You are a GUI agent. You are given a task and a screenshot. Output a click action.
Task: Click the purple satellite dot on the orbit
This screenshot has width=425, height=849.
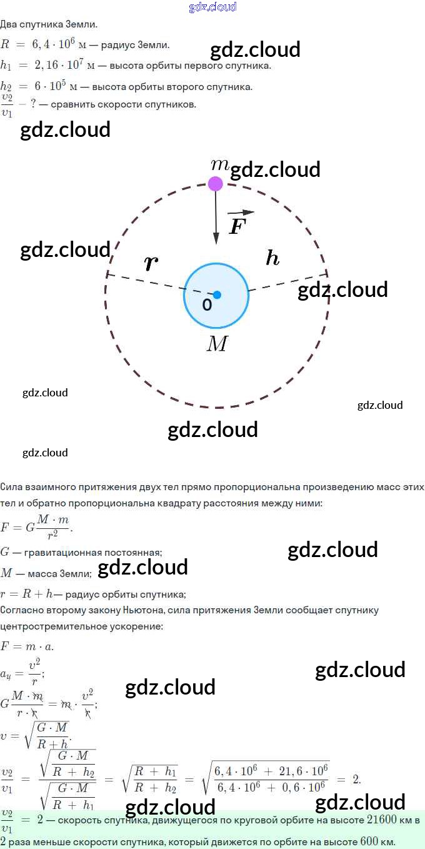click(216, 184)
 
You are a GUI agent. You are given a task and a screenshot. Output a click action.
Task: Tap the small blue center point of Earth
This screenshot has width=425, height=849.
click(217, 294)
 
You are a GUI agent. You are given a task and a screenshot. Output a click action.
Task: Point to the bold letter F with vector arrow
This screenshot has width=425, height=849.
click(239, 223)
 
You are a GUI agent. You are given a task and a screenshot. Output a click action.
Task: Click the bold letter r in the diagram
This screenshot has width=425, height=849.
click(151, 263)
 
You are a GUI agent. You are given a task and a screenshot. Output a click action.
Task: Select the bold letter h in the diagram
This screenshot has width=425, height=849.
click(272, 258)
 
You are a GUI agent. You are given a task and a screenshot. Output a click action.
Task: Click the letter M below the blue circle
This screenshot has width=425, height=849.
click(217, 344)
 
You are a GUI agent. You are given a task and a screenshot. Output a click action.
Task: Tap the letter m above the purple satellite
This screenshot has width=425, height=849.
click(220, 164)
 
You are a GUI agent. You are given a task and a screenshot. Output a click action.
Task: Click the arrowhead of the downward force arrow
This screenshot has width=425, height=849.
click(216, 238)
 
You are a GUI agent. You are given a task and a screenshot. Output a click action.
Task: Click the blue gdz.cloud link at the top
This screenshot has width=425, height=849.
click(212, 7)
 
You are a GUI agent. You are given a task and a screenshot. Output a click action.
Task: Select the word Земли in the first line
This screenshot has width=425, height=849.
click(81, 24)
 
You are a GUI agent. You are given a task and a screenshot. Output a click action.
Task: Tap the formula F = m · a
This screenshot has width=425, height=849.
click(27, 646)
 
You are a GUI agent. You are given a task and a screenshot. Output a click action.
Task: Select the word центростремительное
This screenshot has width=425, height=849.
click(53, 626)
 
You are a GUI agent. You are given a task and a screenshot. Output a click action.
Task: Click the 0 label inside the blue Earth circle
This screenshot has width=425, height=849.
click(207, 304)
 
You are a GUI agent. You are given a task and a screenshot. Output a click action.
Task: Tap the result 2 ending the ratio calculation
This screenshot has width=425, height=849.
click(356, 779)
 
